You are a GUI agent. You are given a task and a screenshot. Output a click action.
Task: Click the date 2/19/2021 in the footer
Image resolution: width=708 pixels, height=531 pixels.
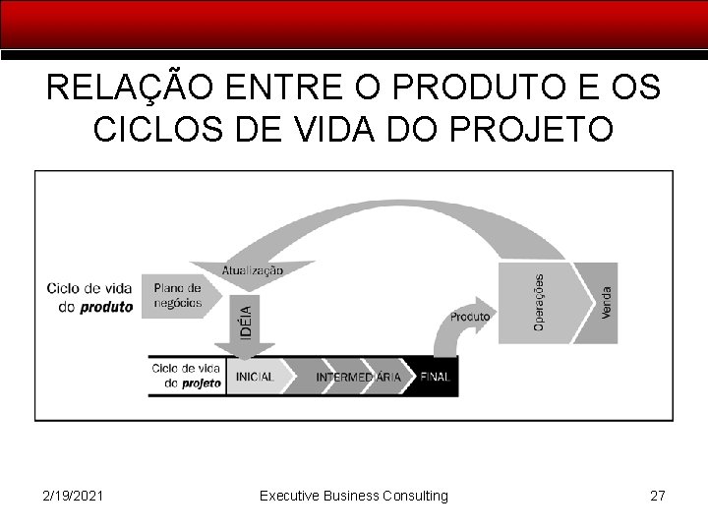point(73,496)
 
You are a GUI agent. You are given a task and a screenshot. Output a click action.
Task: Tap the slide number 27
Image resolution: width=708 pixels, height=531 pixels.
point(657,496)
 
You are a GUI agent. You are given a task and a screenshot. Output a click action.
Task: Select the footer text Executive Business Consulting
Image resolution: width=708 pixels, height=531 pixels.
point(353,496)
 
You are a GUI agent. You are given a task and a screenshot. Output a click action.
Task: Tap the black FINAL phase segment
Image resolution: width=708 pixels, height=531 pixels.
point(436,377)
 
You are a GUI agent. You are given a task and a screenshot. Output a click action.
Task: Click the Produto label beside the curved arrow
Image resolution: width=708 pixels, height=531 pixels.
point(470,317)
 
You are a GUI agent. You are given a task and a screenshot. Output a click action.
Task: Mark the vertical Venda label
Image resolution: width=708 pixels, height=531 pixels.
point(607,301)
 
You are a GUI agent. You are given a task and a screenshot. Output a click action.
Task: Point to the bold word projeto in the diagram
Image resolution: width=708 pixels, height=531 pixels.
point(201,383)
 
